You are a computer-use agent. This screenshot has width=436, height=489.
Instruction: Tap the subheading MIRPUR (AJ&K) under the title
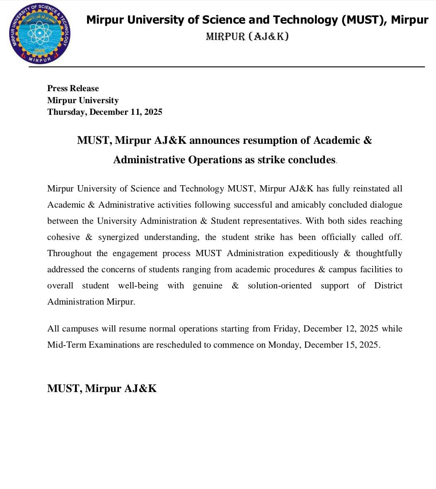247,37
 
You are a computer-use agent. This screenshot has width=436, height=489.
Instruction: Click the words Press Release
73,88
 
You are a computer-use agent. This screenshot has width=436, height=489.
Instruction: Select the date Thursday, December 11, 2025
105,112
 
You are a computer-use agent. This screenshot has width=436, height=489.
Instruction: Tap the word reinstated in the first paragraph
371,189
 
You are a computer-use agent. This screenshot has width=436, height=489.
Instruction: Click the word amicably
309,205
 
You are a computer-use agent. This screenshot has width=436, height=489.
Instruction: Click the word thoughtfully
379,253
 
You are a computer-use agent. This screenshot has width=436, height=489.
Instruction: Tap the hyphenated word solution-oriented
279,286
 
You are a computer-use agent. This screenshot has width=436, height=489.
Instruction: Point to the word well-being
138,286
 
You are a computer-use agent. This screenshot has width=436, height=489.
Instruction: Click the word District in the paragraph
388,286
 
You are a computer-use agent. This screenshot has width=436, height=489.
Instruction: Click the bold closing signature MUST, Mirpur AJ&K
102,388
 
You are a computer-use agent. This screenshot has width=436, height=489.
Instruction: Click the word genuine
207,286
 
